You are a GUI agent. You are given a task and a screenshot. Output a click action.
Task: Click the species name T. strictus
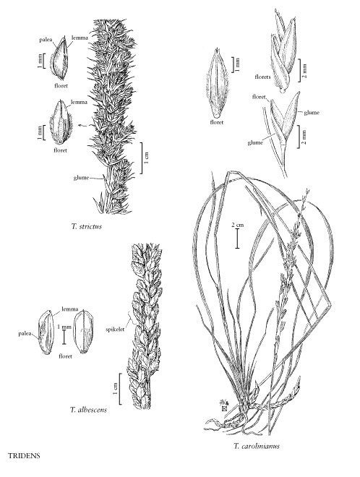click(87, 226)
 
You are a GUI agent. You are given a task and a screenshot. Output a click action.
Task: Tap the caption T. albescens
click(89, 410)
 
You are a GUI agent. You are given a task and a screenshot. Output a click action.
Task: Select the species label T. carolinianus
click(257, 446)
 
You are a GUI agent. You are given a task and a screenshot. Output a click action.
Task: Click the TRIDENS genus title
click(24, 456)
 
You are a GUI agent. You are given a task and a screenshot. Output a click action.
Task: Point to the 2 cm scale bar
click(237, 238)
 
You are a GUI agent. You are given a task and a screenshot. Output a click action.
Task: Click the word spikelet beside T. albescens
click(115, 329)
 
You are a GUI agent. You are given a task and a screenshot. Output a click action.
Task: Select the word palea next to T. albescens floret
click(24, 334)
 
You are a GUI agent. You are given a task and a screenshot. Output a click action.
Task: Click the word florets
click(262, 77)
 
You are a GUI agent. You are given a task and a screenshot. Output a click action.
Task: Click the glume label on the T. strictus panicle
click(81, 178)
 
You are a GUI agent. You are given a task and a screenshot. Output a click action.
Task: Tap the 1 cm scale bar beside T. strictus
click(142, 158)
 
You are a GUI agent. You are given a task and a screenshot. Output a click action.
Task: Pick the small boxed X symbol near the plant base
click(225, 408)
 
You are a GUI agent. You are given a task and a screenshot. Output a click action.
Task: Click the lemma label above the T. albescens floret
click(69, 309)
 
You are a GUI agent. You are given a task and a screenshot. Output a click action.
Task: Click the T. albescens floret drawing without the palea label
click(84, 331)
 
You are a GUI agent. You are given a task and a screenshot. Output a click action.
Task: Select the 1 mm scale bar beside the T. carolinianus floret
click(232, 65)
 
